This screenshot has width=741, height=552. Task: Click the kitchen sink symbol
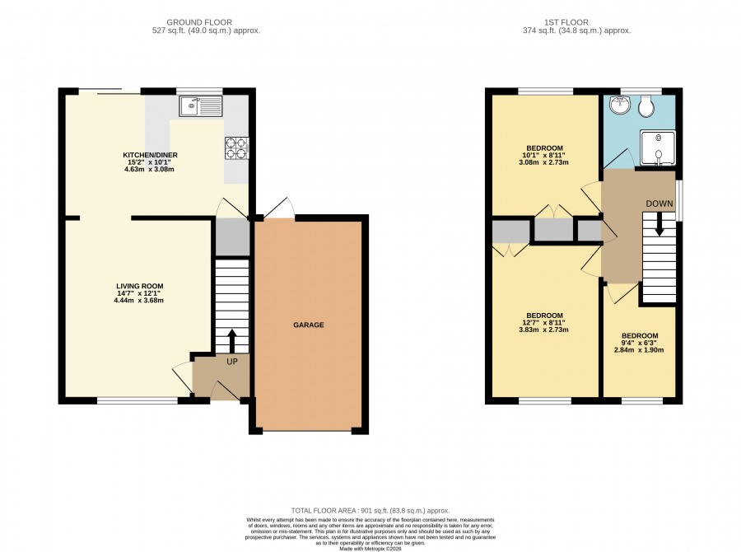coord(200,106)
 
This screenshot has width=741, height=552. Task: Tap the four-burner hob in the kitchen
coord(237,148)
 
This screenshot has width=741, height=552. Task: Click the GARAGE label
coord(309,325)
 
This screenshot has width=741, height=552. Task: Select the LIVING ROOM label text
coord(140,286)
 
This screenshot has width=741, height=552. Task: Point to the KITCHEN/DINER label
coord(151,155)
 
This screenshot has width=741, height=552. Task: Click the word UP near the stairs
coord(232,362)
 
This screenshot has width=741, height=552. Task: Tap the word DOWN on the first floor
coord(659,203)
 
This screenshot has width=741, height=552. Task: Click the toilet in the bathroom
coord(645,106)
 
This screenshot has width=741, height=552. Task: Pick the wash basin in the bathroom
coord(619,105)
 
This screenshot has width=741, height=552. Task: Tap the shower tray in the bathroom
coord(657,148)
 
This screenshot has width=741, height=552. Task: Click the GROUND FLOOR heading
coord(199,22)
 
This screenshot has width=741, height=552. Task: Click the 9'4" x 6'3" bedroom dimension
coord(640,343)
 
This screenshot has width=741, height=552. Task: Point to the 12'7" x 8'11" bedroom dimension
coord(543,323)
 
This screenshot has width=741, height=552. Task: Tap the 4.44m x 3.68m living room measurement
coord(139,301)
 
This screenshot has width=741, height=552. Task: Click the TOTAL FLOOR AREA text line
coord(370,511)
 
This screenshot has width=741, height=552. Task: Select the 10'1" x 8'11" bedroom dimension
coord(543,155)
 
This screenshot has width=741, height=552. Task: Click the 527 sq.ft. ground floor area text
coord(206,30)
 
